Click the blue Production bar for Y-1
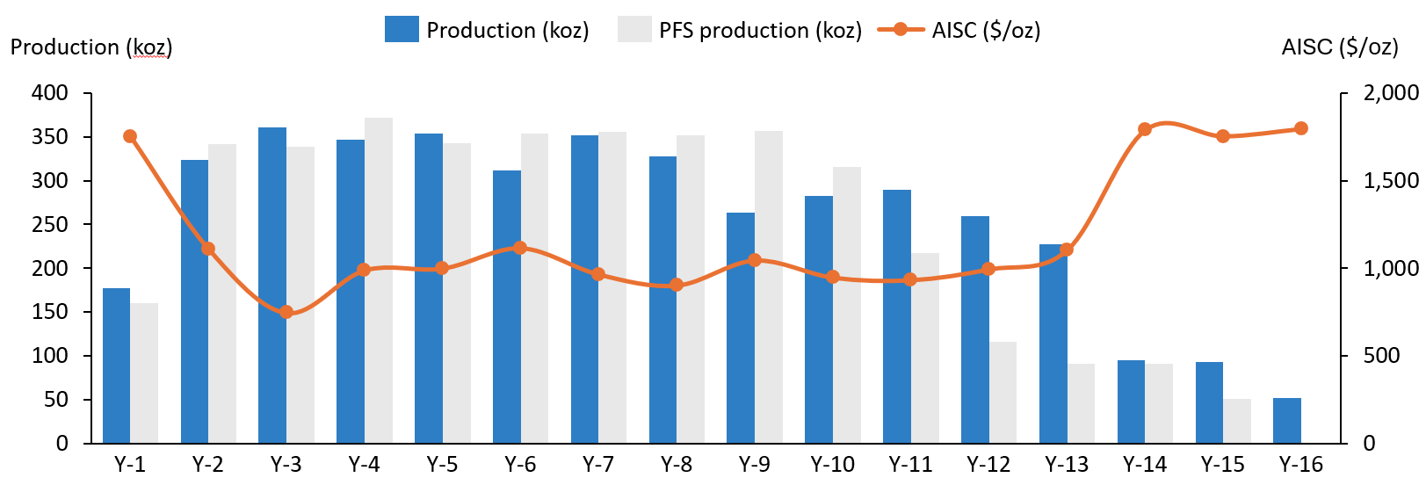click(x=116, y=366)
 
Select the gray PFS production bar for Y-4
click(x=379, y=280)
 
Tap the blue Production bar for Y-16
click(x=1287, y=421)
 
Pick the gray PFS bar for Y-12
click(x=1003, y=392)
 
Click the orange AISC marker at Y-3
click(x=286, y=312)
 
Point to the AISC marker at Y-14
click(x=1145, y=129)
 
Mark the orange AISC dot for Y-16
click(x=1301, y=128)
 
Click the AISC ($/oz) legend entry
click(x=959, y=30)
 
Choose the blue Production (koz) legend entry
click(x=487, y=30)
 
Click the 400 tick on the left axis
click(x=50, y=93)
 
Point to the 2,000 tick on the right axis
click(x=1390, y=93)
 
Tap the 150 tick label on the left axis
click(x=50, y=312)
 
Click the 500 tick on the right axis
click(x=1382, y=356)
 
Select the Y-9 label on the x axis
click(x=755, y=465)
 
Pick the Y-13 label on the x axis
click(x=1067, y=465)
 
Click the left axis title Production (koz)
click(x=91, y=47)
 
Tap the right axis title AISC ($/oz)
click(x=1340, y=47)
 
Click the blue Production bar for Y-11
click(x=897, y=316)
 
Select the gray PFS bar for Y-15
click(x=1237, y=421)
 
